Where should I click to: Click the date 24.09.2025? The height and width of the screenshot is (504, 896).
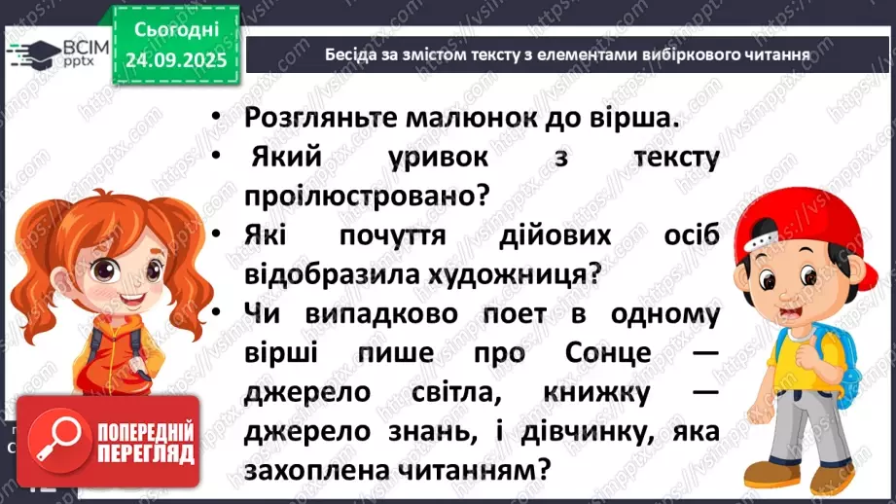[176, 59]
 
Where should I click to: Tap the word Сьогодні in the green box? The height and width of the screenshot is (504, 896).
[176, 30]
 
